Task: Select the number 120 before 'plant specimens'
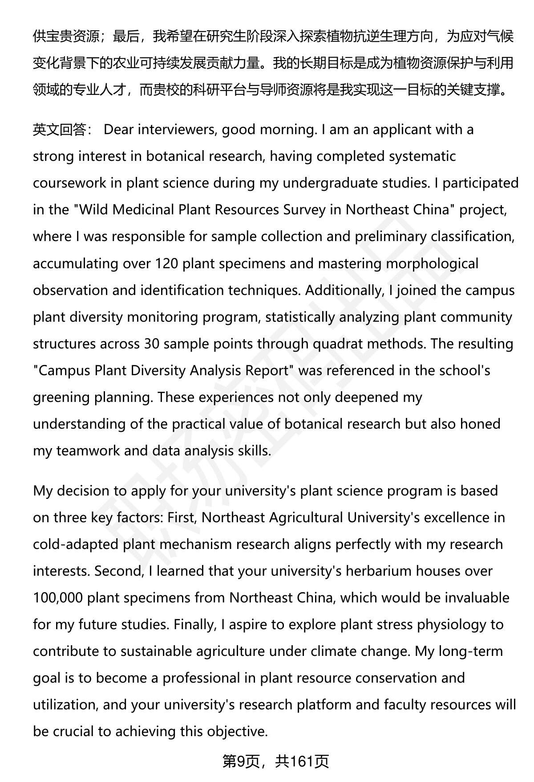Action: [166, 263]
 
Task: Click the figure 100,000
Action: [58, 598]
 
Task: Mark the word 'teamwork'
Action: [88, 450]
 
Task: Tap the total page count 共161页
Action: [302, 762]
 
